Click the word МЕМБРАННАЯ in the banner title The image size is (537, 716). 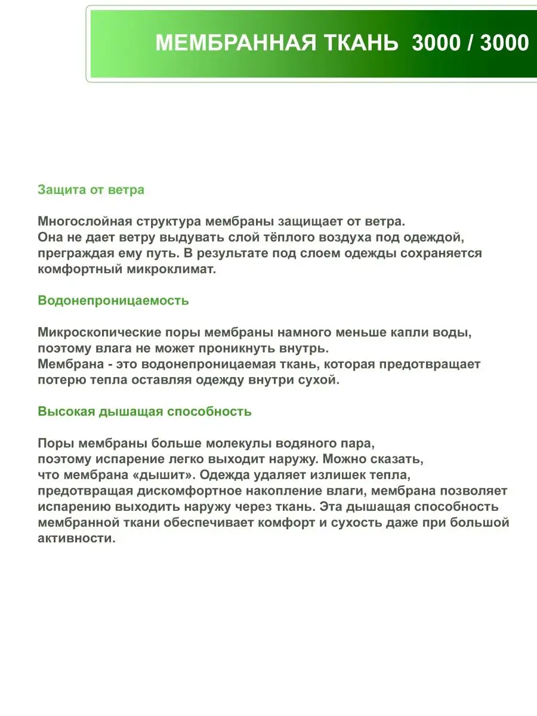tap(234, 43)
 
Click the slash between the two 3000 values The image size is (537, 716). tap(470, 43)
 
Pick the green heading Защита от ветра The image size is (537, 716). tap(91, 190)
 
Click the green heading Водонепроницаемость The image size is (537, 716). tap(113, 300)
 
